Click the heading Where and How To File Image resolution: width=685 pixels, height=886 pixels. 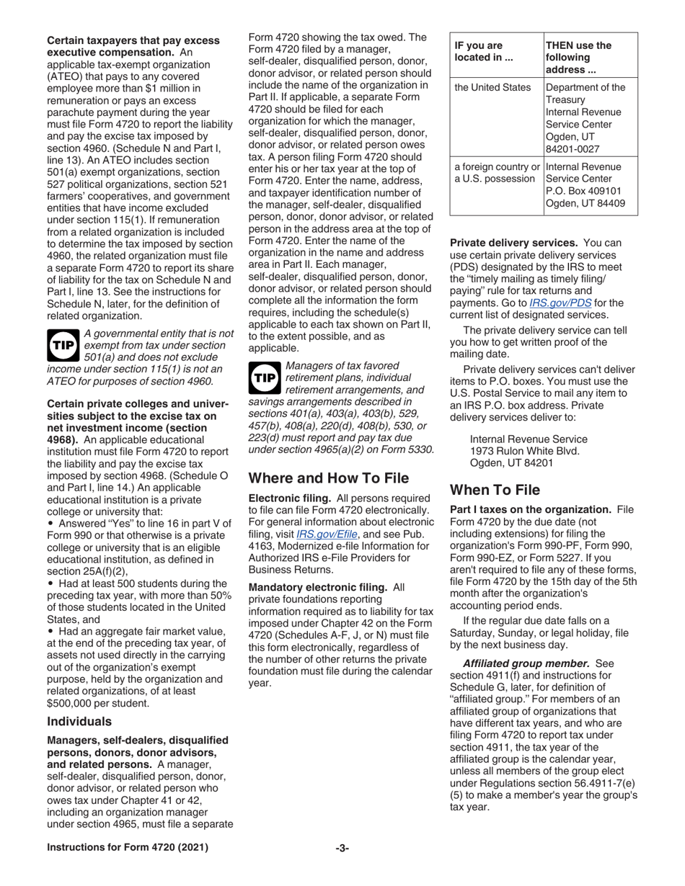click(x=328, y=478)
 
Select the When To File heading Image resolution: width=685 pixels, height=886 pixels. click(x=495, y=491)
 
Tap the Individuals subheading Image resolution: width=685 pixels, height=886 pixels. click(x=79, y=721)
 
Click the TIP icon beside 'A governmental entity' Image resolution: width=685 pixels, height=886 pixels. click(x=61, y=346)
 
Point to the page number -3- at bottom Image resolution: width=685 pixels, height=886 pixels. click(x=342, y=848)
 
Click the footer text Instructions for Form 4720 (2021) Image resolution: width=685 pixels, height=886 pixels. click(x=128, y=848)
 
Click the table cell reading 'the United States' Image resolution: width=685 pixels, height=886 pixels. click(x=492, y=89)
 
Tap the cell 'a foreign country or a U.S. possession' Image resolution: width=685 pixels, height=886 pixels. click(x=496, y=174)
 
